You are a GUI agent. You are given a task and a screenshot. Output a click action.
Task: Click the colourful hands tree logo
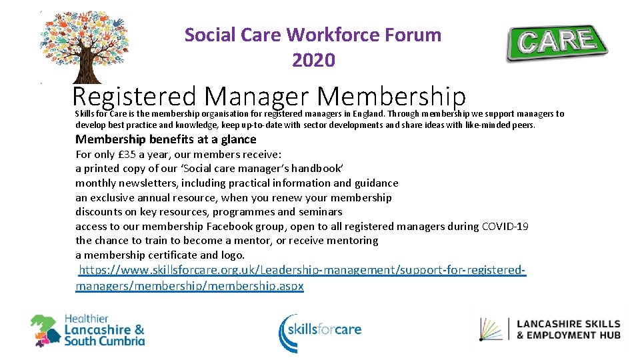[85, 45]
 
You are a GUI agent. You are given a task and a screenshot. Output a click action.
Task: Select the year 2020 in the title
[313, 61]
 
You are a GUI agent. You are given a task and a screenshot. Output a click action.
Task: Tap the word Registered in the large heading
[134, 97]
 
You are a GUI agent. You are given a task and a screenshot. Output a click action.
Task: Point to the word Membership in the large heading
[391, 97]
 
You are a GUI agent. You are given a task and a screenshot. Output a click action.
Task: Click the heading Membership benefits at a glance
[165, 139]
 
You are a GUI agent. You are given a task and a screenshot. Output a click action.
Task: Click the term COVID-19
[505, 226]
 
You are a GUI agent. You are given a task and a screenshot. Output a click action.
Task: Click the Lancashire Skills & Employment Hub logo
[551, 329]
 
